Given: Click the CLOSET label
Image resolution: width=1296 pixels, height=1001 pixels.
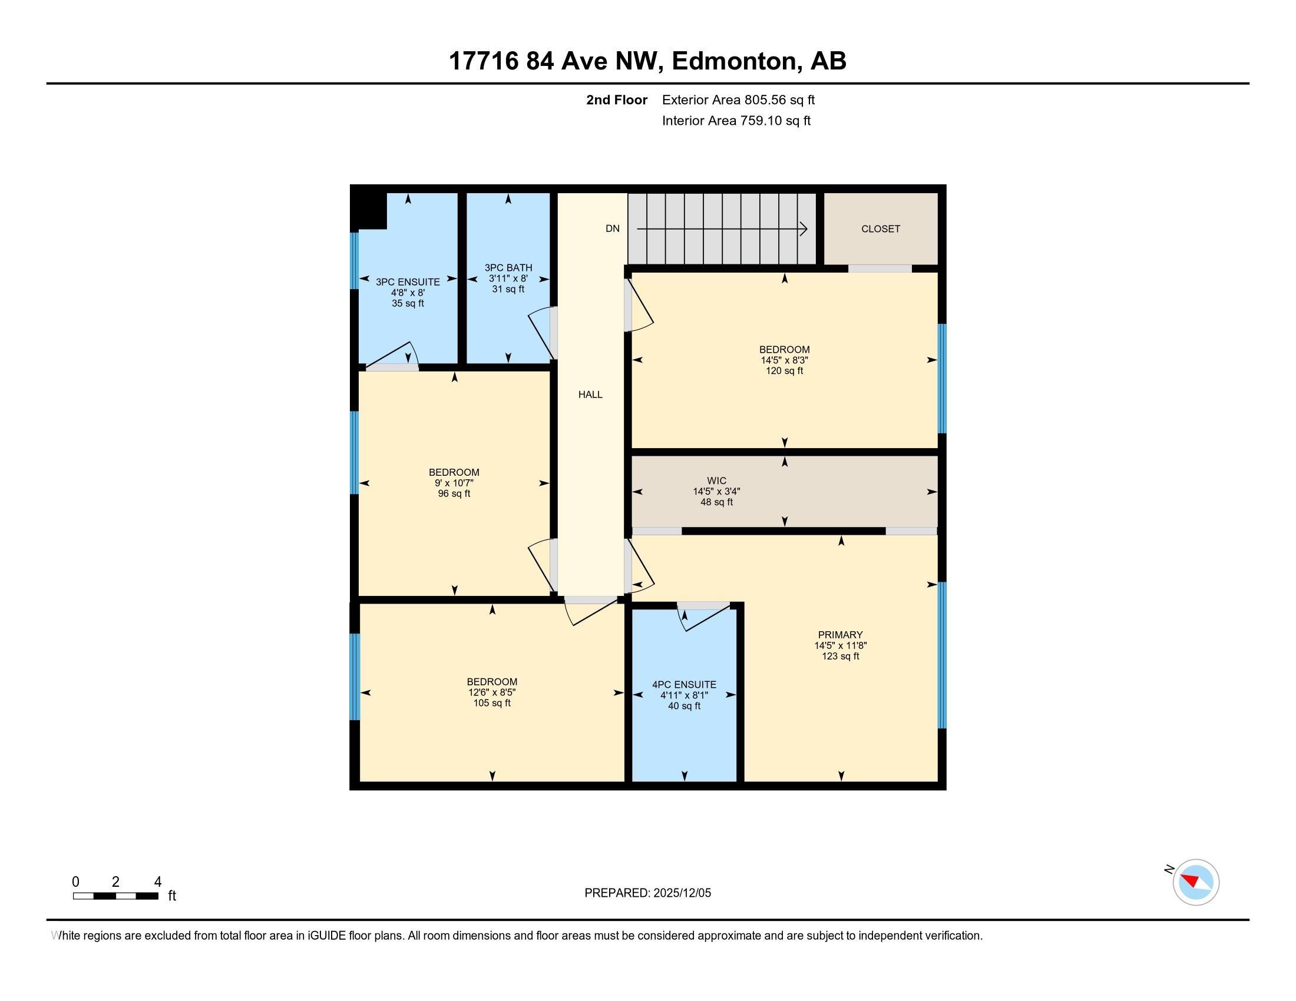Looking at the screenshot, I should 881,229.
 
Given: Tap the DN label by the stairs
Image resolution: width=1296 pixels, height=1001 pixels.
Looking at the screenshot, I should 613,229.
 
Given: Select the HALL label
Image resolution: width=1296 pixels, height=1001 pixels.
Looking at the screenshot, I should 590,395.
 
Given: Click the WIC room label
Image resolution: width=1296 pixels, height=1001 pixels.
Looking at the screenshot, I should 716,481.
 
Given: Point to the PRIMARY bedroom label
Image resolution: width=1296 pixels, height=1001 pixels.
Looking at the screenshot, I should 840,635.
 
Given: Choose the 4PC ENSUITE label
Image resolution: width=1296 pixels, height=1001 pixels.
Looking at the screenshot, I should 684,685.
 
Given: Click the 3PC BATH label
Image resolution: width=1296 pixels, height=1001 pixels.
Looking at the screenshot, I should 508,268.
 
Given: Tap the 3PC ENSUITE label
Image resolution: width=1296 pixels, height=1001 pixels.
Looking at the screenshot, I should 408,282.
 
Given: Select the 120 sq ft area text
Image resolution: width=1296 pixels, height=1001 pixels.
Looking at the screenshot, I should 785,371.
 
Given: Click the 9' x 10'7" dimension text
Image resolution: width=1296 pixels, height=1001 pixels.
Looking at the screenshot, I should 454,483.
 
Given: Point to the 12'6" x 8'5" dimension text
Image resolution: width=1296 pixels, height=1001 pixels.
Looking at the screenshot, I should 492,692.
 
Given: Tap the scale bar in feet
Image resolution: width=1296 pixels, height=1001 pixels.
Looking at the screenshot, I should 115,896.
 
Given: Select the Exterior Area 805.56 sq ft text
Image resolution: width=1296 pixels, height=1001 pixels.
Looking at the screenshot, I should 738,100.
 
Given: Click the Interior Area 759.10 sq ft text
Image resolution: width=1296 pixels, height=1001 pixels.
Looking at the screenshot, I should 736,121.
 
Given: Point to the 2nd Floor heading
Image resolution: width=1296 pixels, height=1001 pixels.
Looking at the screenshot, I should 617,100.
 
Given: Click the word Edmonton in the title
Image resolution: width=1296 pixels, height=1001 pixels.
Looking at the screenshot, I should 734,61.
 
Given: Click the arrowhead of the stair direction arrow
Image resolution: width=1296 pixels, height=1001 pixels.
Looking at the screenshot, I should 804,229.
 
